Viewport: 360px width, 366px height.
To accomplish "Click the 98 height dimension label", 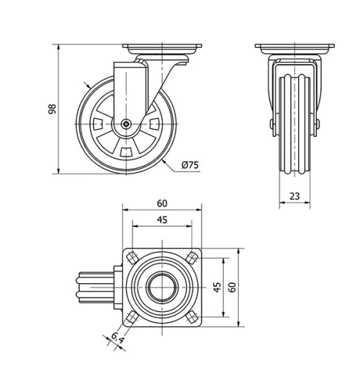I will (51, 110).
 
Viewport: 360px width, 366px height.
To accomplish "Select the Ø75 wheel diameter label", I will (190, 165).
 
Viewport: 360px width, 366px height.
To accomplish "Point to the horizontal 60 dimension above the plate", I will (162, 204).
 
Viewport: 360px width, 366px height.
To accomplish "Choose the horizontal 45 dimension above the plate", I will (162, 220).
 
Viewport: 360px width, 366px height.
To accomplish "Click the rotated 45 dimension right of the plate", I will (217, 285).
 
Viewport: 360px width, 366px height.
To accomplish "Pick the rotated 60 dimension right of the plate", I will (233, 285).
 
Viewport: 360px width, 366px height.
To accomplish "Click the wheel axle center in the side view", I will (127, 124).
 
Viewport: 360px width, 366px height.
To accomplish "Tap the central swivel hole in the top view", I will (163, 286).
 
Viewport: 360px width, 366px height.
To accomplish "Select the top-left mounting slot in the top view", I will (133, 257).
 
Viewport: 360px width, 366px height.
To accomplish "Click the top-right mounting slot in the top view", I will (192, 257).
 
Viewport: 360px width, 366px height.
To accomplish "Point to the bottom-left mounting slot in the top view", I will (133, 315).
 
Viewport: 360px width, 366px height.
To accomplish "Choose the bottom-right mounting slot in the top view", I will (192, 315).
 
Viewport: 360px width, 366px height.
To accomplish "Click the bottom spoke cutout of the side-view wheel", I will (127, 151).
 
